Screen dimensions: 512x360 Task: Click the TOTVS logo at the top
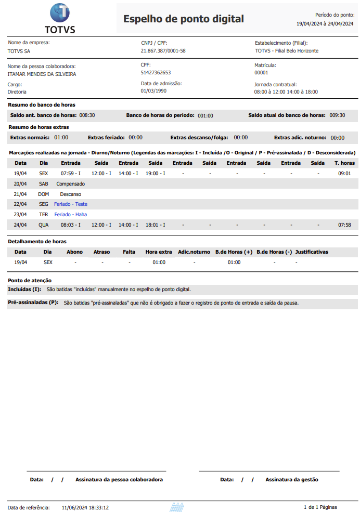click(x=59, y=18)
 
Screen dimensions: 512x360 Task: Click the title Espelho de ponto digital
click(x=183, y=19)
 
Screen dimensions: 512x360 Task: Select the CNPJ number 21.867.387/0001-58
click(x=163, y=51)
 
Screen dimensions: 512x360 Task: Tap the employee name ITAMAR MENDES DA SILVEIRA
click(x=42, y=74)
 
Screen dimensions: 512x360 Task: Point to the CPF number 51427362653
click(x=156, y=73)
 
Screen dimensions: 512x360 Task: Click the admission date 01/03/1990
click(x=153, y=91)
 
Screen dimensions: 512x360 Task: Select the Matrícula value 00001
click(x=261, y=73)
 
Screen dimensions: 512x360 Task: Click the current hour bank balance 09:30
click(x=337, y=115)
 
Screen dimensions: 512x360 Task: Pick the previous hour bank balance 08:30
click(x=87, y=115)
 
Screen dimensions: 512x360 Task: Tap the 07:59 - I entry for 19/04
click(x=70, y=174)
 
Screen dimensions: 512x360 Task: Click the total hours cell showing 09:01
click(x=344, y=174)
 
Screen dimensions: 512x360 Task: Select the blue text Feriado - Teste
click(x=71, y=204)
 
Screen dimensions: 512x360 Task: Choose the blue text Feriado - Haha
click(x=70, y=215)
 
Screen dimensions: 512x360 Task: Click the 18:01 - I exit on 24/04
click(x=155, y=225)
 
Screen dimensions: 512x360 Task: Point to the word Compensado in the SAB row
click(x=70, y=184)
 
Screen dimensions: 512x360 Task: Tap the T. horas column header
click(x=344, y=163)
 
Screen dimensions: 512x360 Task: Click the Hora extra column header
click(x=159, y=252)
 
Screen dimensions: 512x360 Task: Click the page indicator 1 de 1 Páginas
click(x=320, y=507)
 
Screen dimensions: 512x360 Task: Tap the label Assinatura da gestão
click(x=291, y=480)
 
